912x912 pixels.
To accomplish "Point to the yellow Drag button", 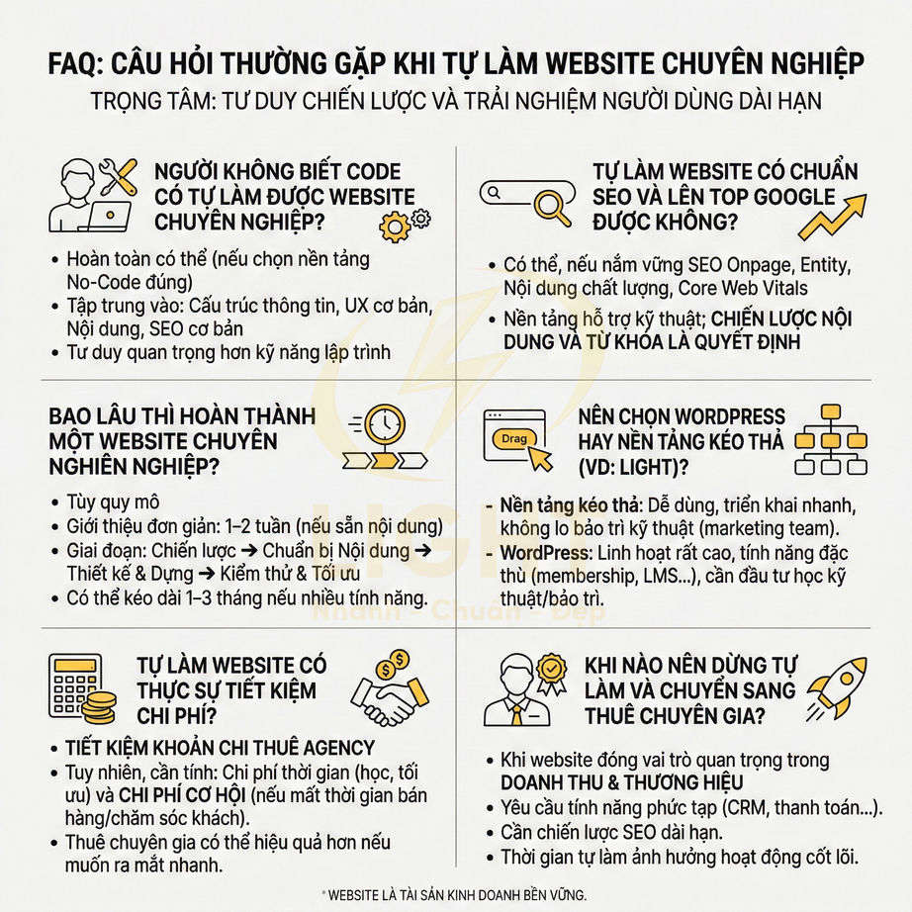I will tap(514, 438).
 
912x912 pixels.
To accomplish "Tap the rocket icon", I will tap(836, 684).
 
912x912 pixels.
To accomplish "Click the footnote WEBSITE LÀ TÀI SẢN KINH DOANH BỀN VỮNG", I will tap(456, 894).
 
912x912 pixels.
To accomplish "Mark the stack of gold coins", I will tap(99, 706).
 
